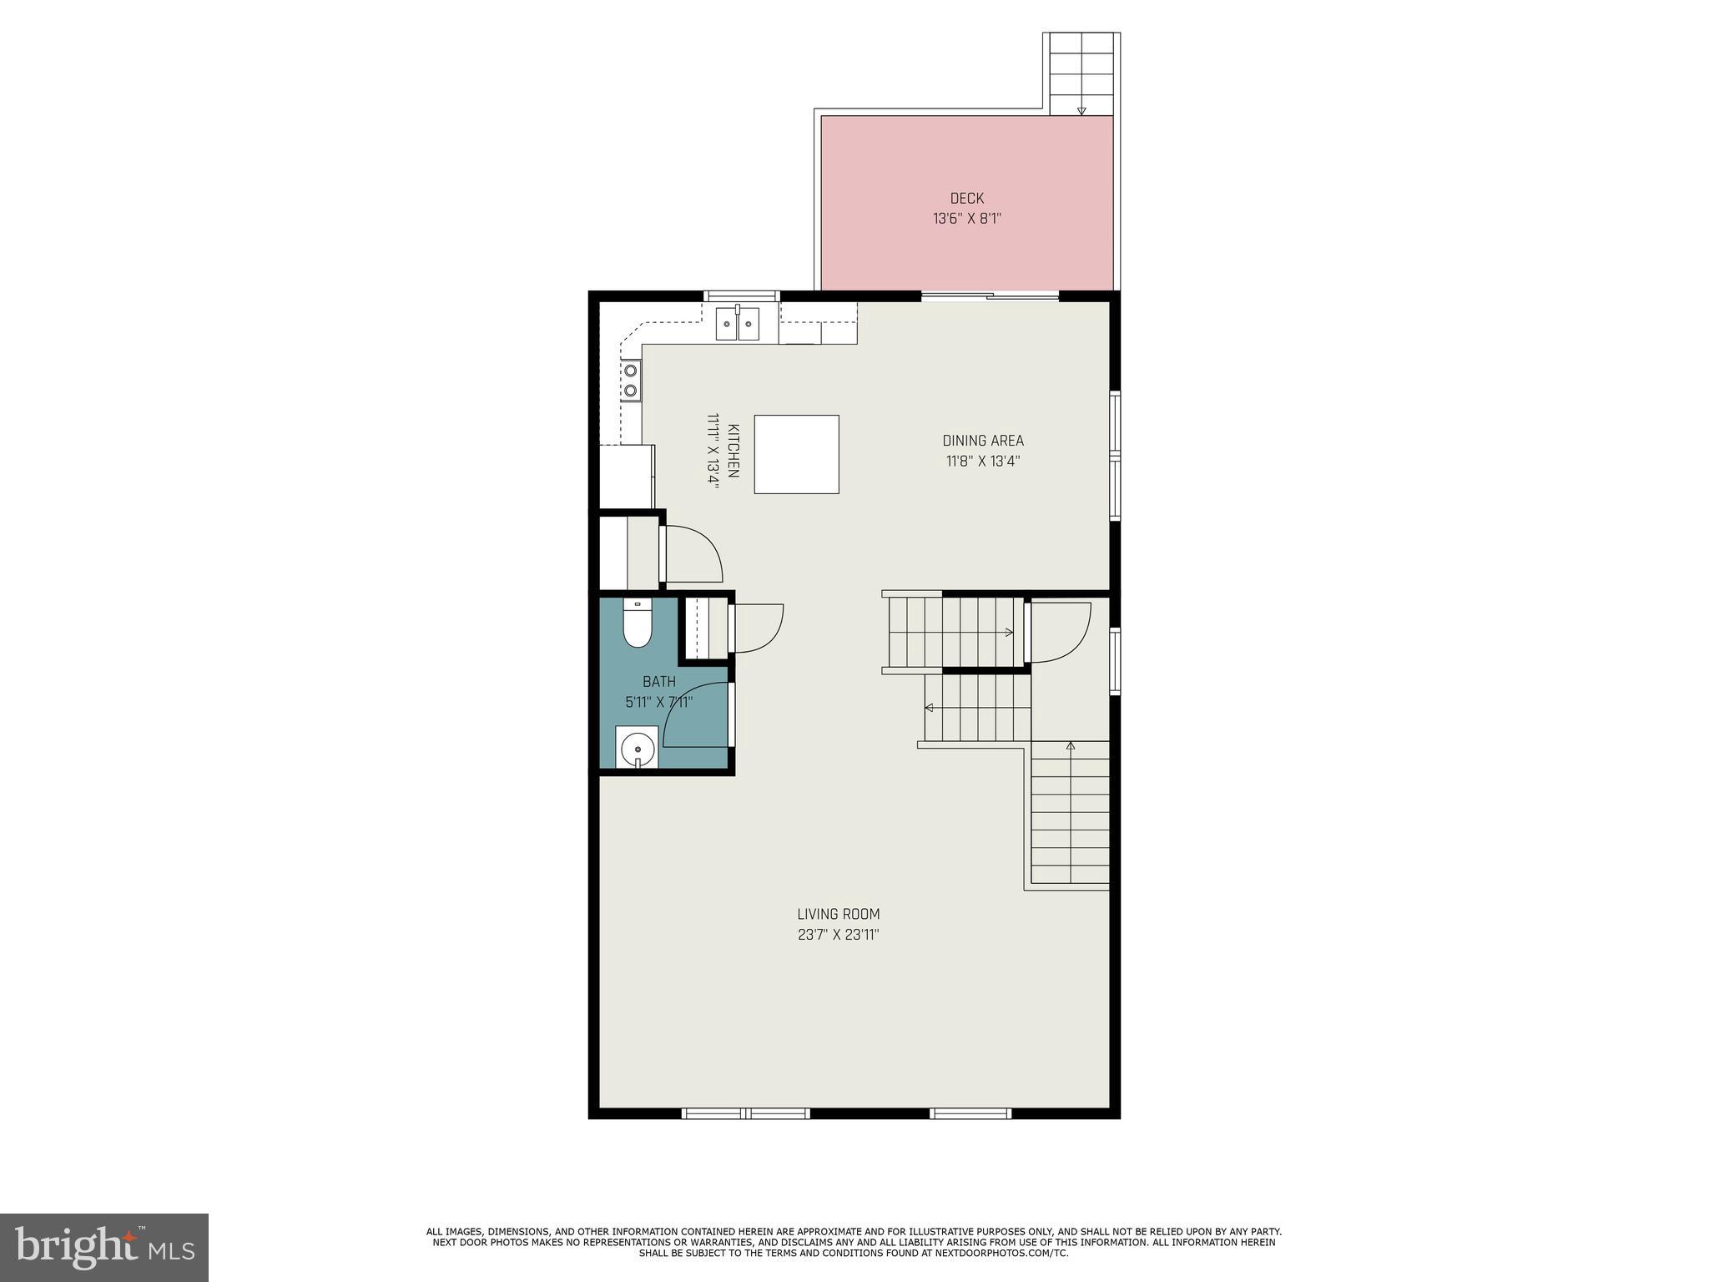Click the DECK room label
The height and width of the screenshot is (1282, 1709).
(966, 198)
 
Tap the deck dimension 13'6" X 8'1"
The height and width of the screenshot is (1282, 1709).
(966, 220)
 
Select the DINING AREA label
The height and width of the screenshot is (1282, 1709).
(982, 441)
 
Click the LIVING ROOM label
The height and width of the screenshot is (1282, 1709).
(838, 914)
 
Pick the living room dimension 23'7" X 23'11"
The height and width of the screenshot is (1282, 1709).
(838, 935)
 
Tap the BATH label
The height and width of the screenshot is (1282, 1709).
(658, 682)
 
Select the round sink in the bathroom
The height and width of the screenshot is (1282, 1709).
(638, 747)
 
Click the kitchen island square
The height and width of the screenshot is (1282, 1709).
(796, 454)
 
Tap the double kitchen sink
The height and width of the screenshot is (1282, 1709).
(738, 324)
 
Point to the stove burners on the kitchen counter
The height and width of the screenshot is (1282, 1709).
(631, 380)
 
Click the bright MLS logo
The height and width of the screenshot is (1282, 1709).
(103, 1247)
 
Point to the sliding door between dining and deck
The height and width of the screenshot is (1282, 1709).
(990, 295)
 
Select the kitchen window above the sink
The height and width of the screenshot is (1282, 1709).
(741, 295)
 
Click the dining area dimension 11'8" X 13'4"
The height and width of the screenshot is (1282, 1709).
(982, 462)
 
